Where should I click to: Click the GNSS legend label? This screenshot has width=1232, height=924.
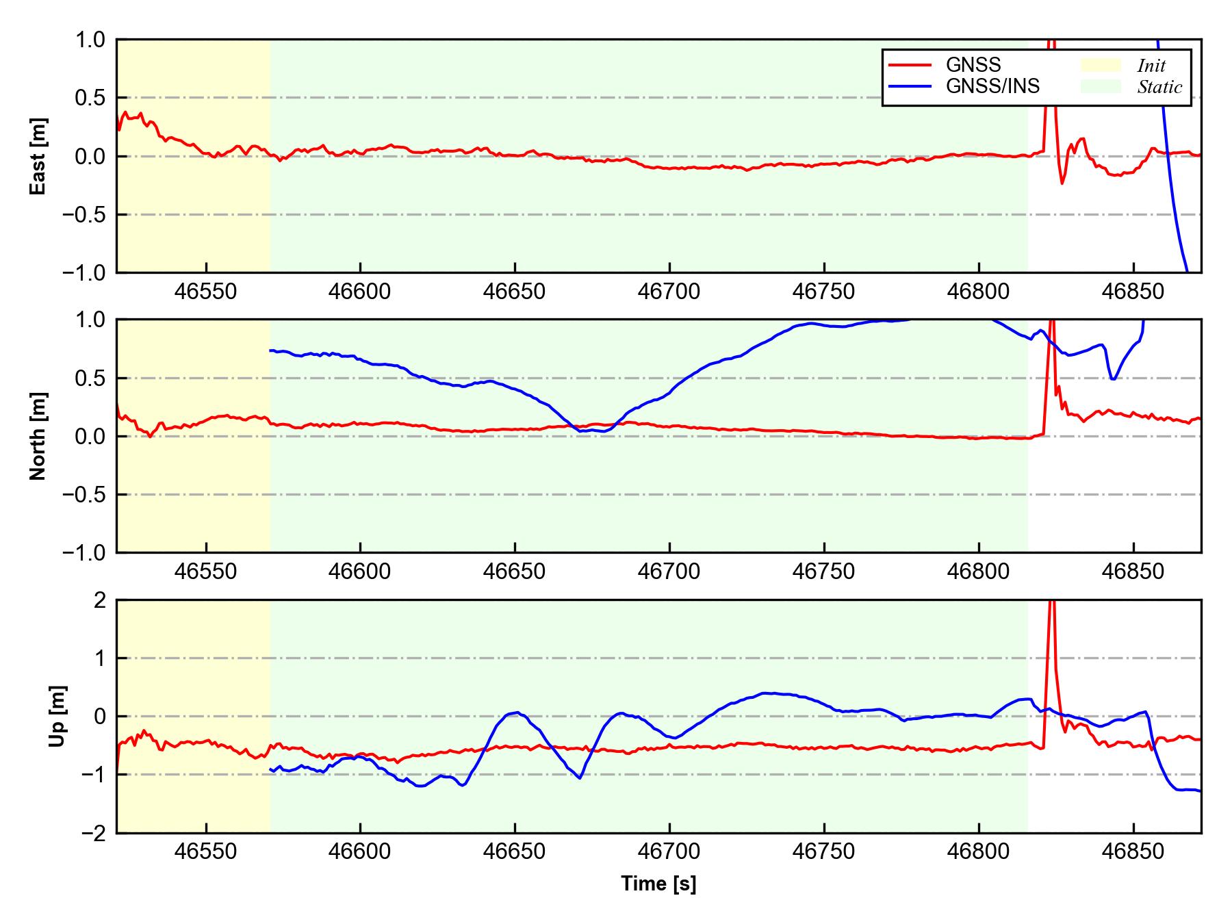pos(973,65)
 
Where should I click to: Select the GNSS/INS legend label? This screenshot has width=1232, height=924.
pos(992,86)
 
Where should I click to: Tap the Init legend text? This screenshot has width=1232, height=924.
pos(1151,66)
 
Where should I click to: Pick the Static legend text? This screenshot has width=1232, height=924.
pos(1159,87)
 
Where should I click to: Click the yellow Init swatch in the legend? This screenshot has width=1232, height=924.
pos(1101,65)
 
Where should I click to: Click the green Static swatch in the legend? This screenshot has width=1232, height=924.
pos(1101,86)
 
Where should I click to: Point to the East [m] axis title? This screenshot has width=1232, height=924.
pos(38,156)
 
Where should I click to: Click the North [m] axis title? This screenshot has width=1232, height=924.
pos(38,436)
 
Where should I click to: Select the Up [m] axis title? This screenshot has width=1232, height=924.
pos(59,716)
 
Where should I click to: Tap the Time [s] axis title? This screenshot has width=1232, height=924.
pos(658,884)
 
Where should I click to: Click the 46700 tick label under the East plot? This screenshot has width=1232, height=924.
pos(669,292)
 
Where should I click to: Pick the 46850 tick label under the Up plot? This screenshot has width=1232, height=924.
pos(1133,852)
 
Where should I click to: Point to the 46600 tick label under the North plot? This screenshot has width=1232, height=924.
pos(359,572)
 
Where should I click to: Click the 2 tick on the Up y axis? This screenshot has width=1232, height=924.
pos(100,600)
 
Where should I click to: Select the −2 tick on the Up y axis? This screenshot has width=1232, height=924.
pos(93,833)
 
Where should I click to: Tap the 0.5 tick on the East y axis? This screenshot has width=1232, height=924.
pos(90,98)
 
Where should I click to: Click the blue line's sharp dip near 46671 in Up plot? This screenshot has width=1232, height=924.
pos(580,778)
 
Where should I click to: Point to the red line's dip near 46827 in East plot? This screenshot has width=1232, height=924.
pos(1062,183)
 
